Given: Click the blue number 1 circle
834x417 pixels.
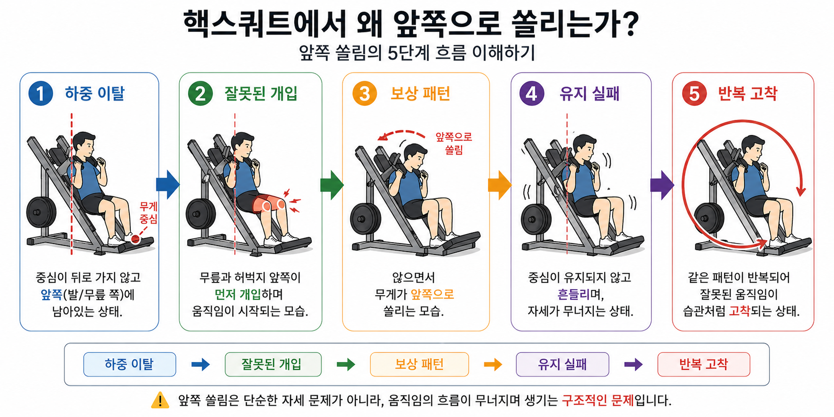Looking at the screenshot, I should (x=40, y=93).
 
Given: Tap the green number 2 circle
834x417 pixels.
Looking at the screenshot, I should (x=200, y=93).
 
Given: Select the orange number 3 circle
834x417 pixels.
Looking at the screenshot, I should (x=365, y=93).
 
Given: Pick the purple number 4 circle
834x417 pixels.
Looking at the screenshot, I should (x=532, y=93).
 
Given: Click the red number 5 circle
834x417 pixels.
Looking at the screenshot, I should (x=694, y=93).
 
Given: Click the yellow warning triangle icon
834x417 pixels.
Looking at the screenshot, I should (x=160, y=401).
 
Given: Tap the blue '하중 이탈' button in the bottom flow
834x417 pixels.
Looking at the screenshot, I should (x=130, y=364).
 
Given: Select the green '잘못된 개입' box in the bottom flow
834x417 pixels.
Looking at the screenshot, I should (x=273, y=364).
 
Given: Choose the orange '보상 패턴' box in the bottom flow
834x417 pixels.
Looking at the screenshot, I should (x=419, y=364).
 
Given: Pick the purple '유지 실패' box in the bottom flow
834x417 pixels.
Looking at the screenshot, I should (x=562, y=364).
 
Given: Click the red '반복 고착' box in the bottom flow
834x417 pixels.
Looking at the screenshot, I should (x=703, y=364).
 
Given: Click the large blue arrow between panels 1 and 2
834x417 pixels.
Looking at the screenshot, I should (x=167, y=185).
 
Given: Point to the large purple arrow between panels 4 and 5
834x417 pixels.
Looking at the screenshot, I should (x=661, y=185).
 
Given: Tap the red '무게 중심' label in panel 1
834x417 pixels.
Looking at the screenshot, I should (x=148, y=212).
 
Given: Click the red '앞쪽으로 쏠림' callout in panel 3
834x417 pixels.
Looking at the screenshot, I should (x=454, y=143).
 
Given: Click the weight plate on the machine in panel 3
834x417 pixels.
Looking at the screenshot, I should (x=366, y=220).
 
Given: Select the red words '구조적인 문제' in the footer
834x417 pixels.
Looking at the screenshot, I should (x=598, y=401).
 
